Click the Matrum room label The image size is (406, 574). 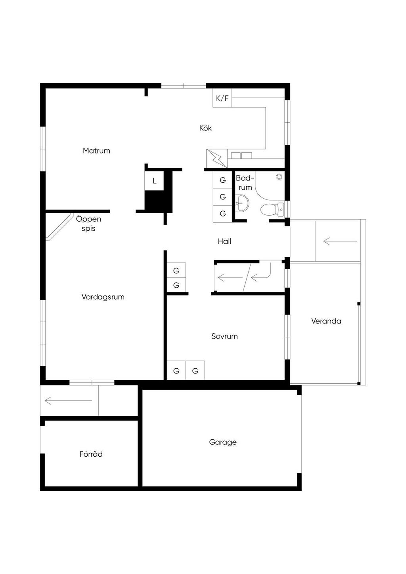96,151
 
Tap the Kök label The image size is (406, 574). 205,128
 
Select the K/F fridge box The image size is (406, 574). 222,98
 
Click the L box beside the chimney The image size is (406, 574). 154,181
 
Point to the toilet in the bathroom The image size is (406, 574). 272,209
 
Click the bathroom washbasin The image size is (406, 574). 242,203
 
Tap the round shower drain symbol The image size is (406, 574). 279,176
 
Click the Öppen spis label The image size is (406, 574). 88,224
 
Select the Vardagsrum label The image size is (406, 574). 103,297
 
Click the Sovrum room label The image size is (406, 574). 224,336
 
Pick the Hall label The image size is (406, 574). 224,241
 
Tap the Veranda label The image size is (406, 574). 326,321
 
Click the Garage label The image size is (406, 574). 223,442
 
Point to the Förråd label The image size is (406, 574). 91,454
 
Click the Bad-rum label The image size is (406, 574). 245,182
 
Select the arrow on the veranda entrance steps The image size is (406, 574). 340,241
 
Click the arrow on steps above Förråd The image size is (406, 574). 68,400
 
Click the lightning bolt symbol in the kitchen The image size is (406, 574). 217,159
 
